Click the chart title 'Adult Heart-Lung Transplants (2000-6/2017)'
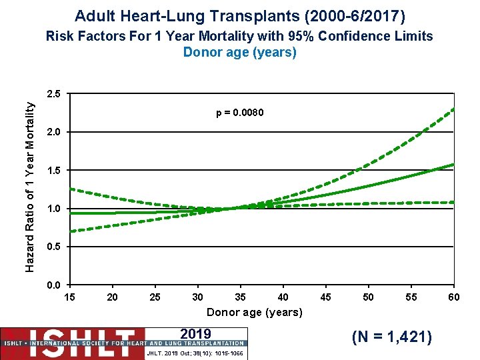point(239,15)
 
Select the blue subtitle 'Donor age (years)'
point(239,52)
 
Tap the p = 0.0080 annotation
point(240,113)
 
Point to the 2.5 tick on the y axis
point(55,94)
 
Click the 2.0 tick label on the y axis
point(55,133)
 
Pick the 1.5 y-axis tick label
point(55,171)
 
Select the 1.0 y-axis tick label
point(55,209)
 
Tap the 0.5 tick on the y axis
point(55,247)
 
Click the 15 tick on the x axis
point(69,297)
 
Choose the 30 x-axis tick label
point(197,297)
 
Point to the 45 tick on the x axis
point(325,297)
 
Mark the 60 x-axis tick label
point(453,297)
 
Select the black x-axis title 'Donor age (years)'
point(254,312)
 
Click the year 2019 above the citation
point(196,334)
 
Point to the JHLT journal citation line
point(196,353)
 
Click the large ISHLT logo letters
point(73,337)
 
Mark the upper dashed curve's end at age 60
point(453,109)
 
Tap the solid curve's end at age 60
point(453,164)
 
